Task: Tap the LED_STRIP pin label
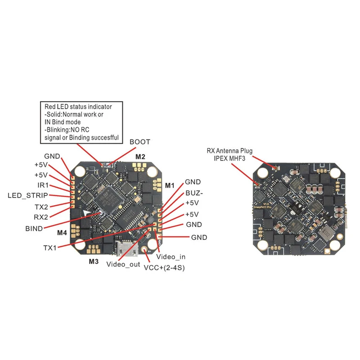tap(28, 196)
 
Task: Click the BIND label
tap(34, 229)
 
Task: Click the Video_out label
tap(123, 264)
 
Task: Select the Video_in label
tap(171, 256)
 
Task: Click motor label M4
tap(63, 233)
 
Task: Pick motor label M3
tap(93, 261)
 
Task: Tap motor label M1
tap(169, 185)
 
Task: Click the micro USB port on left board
tap(122, 247)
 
